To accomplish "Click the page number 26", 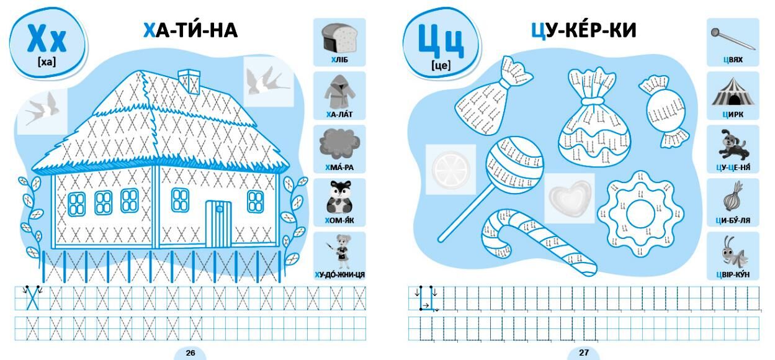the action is click(x=190, y=353).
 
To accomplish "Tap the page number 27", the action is click(x=584, y=353).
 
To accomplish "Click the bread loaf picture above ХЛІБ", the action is click(x=339, y=38).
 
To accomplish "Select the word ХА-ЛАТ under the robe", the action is click(x=339, y=114).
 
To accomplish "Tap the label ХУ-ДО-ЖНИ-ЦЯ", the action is click(x=339, y=275).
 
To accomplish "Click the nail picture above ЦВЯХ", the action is click(x=732, y=38).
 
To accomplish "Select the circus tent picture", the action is click(x=732, y=91).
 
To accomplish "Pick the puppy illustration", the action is click(x=733, y=145).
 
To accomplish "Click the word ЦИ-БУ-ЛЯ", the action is click(x=733, y=221).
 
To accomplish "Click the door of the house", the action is click(x=218, y=224).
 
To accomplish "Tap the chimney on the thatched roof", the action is click(x=189, y=81).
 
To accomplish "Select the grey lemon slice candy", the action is click(x=450, y=169).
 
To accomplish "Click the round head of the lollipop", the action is click(x=514, y=166).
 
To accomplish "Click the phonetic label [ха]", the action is click(x=47, y=62).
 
